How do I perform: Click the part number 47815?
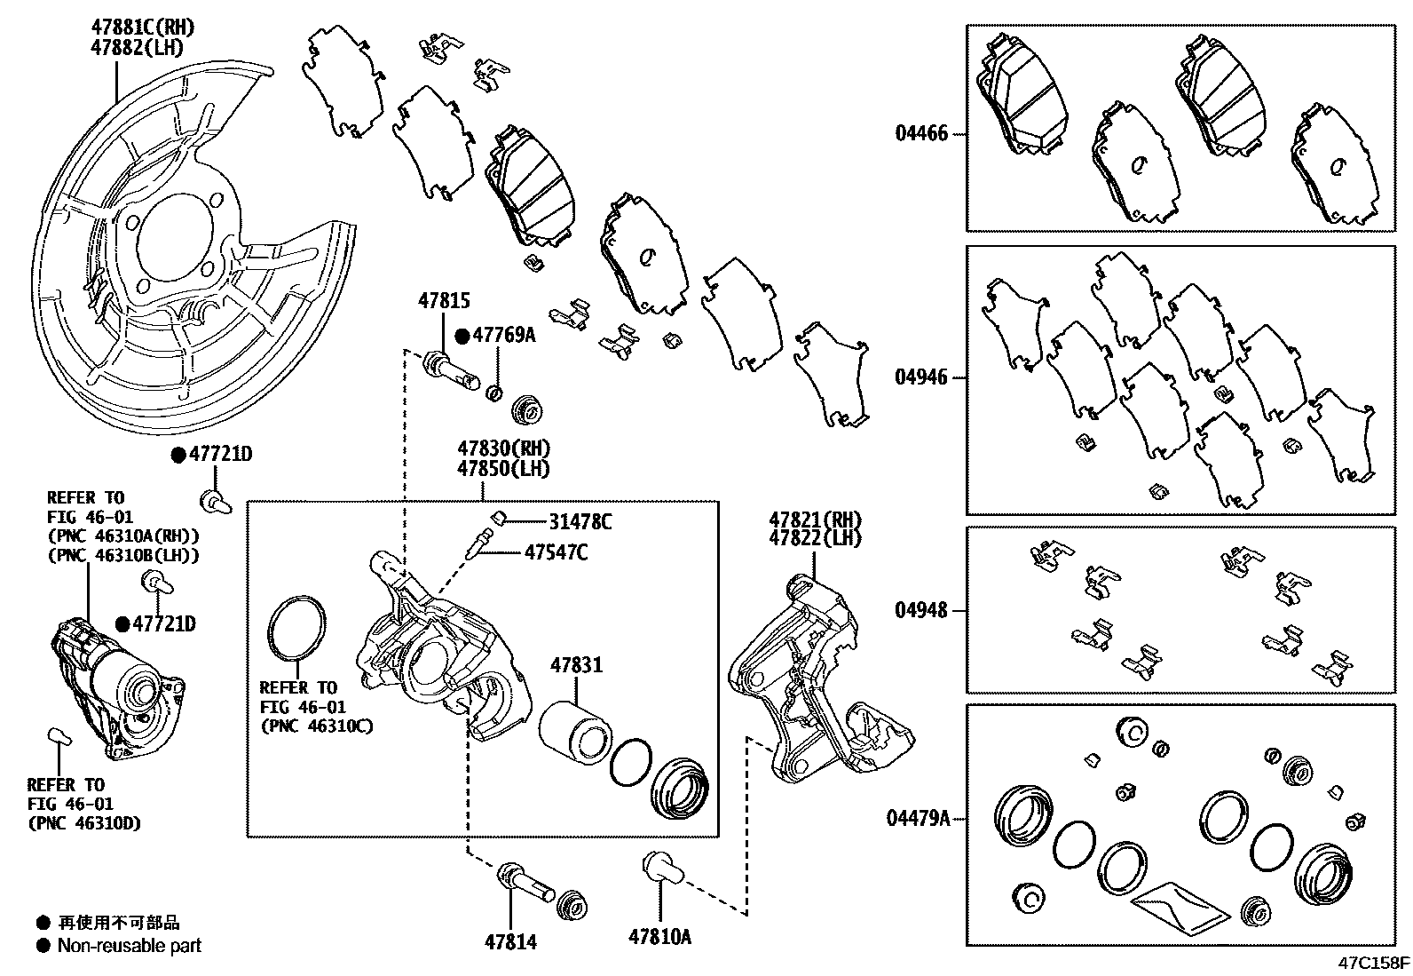[444, 303]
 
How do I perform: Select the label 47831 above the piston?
[575, 664]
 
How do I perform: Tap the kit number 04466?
[921, 134]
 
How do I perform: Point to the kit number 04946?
[921, 377]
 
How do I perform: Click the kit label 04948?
[921, 611]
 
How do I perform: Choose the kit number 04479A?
[918, 818]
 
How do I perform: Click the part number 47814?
[510, 941]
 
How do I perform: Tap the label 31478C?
[580, 522]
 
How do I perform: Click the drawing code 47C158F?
[1375, 963]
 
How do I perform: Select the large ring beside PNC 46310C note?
[296, 630]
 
